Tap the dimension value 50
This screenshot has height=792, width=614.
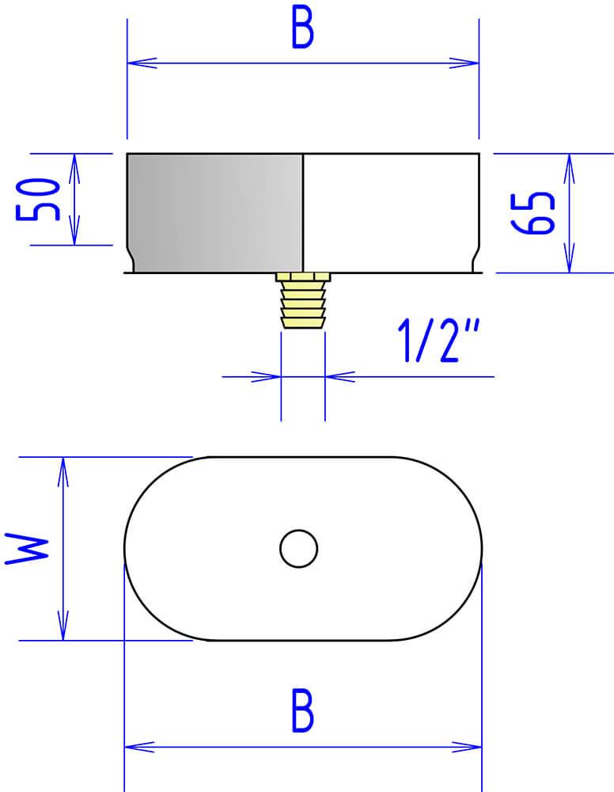(38, 199)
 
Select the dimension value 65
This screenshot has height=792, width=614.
(533, 213)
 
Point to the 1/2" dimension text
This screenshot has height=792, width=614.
(438, 341)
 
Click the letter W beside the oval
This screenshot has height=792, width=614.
(27, 549)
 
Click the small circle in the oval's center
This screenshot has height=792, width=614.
(298, 549)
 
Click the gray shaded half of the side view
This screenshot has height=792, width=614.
(215, 212)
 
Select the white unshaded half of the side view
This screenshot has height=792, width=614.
(391, 212)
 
